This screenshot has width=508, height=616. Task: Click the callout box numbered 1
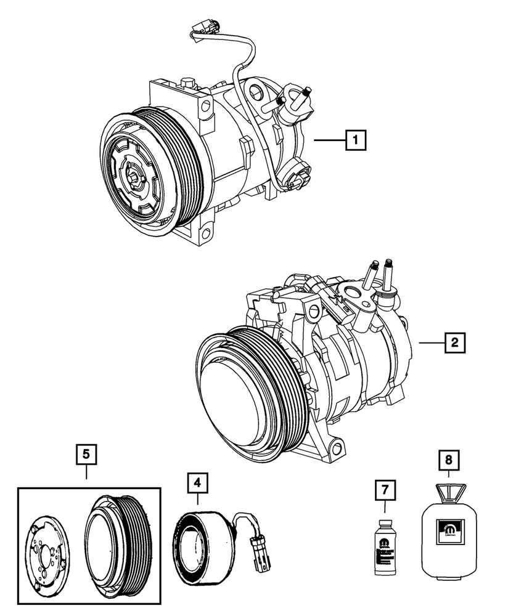[x=356, y=141]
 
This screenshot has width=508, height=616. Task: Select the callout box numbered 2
[x=454, y=342]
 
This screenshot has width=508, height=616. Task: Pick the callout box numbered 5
[x=86, y=455]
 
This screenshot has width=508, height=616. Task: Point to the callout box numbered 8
[x=448, y=460]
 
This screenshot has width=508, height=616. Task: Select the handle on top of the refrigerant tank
[x=448, y=490]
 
